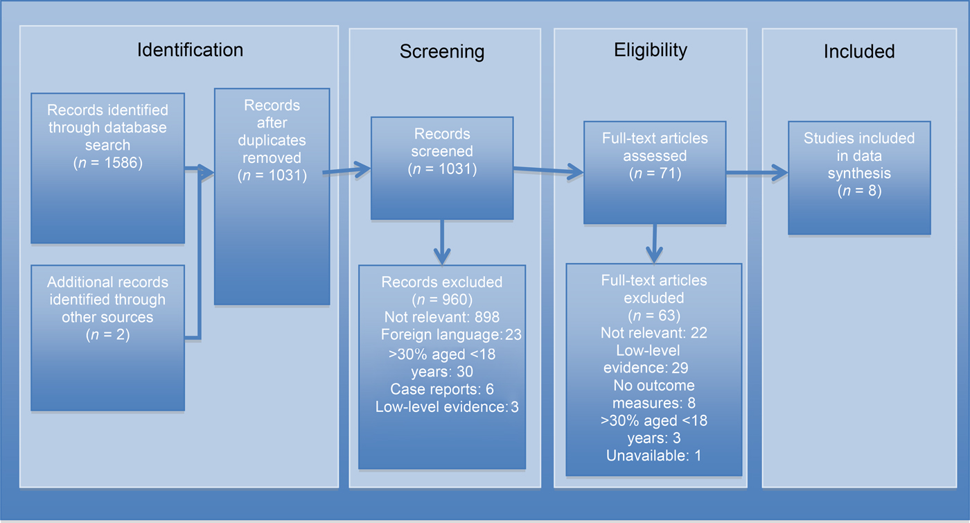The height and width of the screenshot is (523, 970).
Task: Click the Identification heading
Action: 190,50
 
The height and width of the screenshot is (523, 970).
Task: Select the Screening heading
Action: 442,52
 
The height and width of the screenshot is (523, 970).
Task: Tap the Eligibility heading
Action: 650,50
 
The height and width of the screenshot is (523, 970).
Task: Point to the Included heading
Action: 859,51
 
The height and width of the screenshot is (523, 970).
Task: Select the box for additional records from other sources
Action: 107,337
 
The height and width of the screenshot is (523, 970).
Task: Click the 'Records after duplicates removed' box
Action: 272,196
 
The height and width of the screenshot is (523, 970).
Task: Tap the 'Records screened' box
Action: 442,168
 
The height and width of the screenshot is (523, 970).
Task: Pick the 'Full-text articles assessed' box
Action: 654,172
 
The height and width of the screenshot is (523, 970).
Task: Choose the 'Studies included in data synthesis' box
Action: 859,178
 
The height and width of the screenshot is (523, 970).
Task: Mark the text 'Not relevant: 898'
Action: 442,317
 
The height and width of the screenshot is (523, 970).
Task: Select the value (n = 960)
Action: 442,300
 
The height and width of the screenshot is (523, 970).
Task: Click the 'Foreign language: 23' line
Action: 450,335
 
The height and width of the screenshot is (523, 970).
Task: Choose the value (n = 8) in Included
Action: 859,190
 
